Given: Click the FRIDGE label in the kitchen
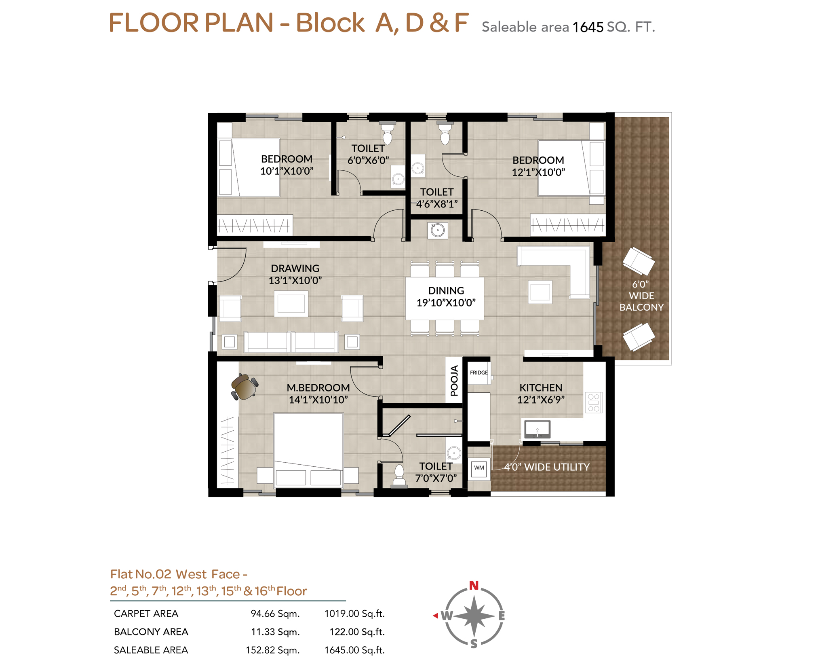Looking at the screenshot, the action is (479, 372).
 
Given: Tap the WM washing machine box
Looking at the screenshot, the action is (479, 468).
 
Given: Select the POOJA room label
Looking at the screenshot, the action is (454, 380).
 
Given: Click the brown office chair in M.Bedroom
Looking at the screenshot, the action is (244, 387).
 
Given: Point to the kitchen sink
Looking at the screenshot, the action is (537, 429).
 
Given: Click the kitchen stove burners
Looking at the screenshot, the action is (593, 402).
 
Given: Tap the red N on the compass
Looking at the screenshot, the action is (474, 585).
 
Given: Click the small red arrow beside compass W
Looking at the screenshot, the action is (435, 616).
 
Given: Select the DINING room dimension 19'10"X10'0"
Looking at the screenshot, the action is (446, 303).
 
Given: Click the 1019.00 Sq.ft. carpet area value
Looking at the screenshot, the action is (354, 614).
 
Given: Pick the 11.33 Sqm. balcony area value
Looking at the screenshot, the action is (275, 632).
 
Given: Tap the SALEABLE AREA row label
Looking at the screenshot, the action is (151, 650).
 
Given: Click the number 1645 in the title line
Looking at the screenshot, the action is (588, 27).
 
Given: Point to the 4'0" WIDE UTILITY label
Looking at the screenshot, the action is (546, 467).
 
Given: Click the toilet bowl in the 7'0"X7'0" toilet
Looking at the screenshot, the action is (399, 475).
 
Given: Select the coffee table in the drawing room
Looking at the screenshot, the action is (291, 304).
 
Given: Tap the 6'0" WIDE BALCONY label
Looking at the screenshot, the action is (641, 296).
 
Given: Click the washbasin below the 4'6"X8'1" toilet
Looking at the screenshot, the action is (438, 231).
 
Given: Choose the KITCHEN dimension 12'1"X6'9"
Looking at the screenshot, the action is (541, 400).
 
